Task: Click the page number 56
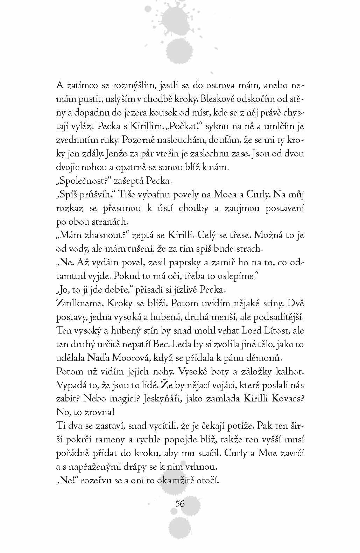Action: point(180,504)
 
